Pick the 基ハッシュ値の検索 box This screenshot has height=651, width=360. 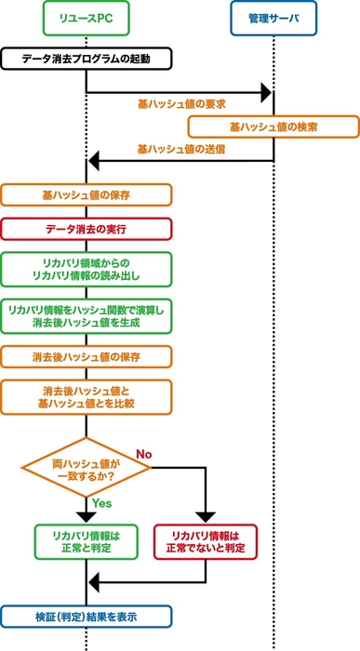tap(273, 126)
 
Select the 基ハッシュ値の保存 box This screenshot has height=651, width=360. tap(87, 195)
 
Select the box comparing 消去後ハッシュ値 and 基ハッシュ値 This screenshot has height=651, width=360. tap(87, 397)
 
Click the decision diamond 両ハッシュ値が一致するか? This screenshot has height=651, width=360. tap(87, 470)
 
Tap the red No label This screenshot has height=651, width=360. tap(144, 454)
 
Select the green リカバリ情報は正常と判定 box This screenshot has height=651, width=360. tap(87, 541)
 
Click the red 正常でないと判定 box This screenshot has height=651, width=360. tap(206, 541)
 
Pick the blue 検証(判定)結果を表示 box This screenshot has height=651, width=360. tap(87, 616)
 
